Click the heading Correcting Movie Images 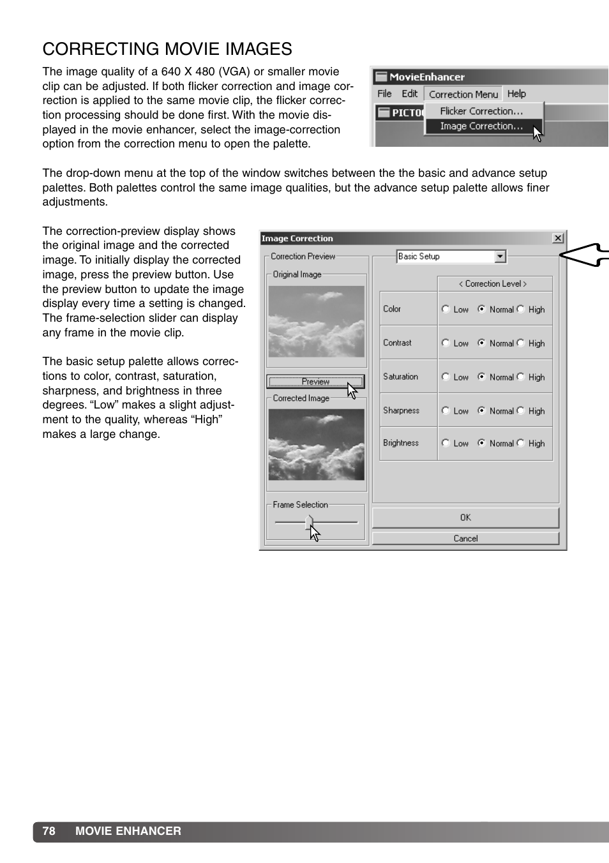click(167, 49)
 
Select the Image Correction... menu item click(481, 126)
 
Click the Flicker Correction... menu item click(481, 111)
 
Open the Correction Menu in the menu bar click(463, 94)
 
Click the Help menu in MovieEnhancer click(516, 94)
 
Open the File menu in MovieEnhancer click(384, 94)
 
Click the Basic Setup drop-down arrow click(500, 257)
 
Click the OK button click(465, 518)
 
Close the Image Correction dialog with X click(558, 238)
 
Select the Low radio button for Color click(446, 309)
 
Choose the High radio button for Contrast click(521, 343)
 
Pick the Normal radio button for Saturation click(482, 377)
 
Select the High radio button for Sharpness click(521, 410)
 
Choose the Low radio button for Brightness click(446, 443)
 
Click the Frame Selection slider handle click(310, 522)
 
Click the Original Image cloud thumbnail click(316, 321)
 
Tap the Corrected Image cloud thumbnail click(316, 444)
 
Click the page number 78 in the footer click(49, 831)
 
